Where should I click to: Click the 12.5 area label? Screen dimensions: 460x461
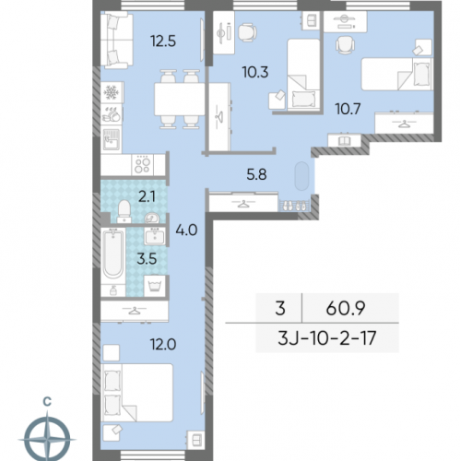(x=163, y=41)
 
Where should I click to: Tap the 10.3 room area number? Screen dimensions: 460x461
(x=255, y=73)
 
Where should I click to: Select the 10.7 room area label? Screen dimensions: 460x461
(x=348, y=109)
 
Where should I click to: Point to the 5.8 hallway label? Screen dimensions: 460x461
(x=256, y=174)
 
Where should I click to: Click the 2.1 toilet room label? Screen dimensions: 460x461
(x=147, y=197)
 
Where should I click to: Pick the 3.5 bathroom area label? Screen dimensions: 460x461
(x=147, y=259)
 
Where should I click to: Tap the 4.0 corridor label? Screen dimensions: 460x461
(x=186, y=230)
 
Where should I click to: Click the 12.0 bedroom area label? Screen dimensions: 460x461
(x=163, y=345)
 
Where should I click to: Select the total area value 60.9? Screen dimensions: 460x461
(x=346, y=308)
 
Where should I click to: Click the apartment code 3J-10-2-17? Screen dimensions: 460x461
(x=327, y=338)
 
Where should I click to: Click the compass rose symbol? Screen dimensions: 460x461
(x=47, y=439)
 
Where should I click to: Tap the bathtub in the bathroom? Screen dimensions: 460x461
(x=112, y=255)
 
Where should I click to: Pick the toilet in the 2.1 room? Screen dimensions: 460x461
(x=124, y=211)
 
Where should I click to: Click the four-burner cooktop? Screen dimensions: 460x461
(x=143, y=165)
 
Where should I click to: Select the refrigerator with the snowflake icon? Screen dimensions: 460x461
(x=112, y=92)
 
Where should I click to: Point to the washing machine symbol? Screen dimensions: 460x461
(x=156, y=286)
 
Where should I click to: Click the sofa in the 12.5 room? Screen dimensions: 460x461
(x=116, y=40)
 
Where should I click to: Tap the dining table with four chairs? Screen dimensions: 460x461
(x=179, y=99)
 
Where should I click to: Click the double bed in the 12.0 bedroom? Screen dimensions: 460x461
(x=137, y=393)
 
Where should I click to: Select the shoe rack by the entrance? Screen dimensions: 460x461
(x=294, y=206)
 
